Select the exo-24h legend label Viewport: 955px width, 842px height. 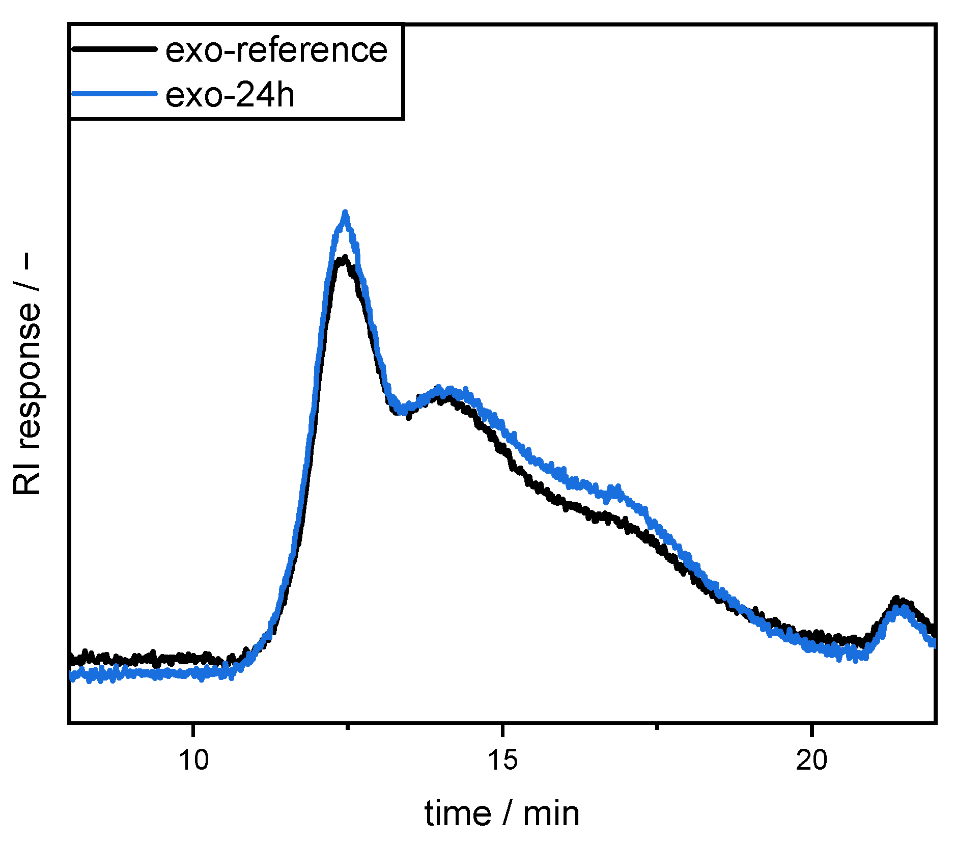point(230,95)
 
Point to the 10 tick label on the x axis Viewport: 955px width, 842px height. point(193,760)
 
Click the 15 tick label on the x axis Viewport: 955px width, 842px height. point(502,760)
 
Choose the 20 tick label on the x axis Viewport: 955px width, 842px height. point(812,760)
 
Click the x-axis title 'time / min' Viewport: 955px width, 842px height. point(502,813)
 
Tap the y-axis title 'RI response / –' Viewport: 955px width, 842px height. point(26,374)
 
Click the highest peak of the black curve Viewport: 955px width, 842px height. point(344,258)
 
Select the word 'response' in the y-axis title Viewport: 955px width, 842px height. point(26,375)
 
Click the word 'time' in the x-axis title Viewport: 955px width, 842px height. point(458,813)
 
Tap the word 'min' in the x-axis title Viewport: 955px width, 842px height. point(551,813)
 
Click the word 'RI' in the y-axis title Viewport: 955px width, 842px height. point(26,478)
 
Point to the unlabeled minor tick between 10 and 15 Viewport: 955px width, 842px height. point(348,726)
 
